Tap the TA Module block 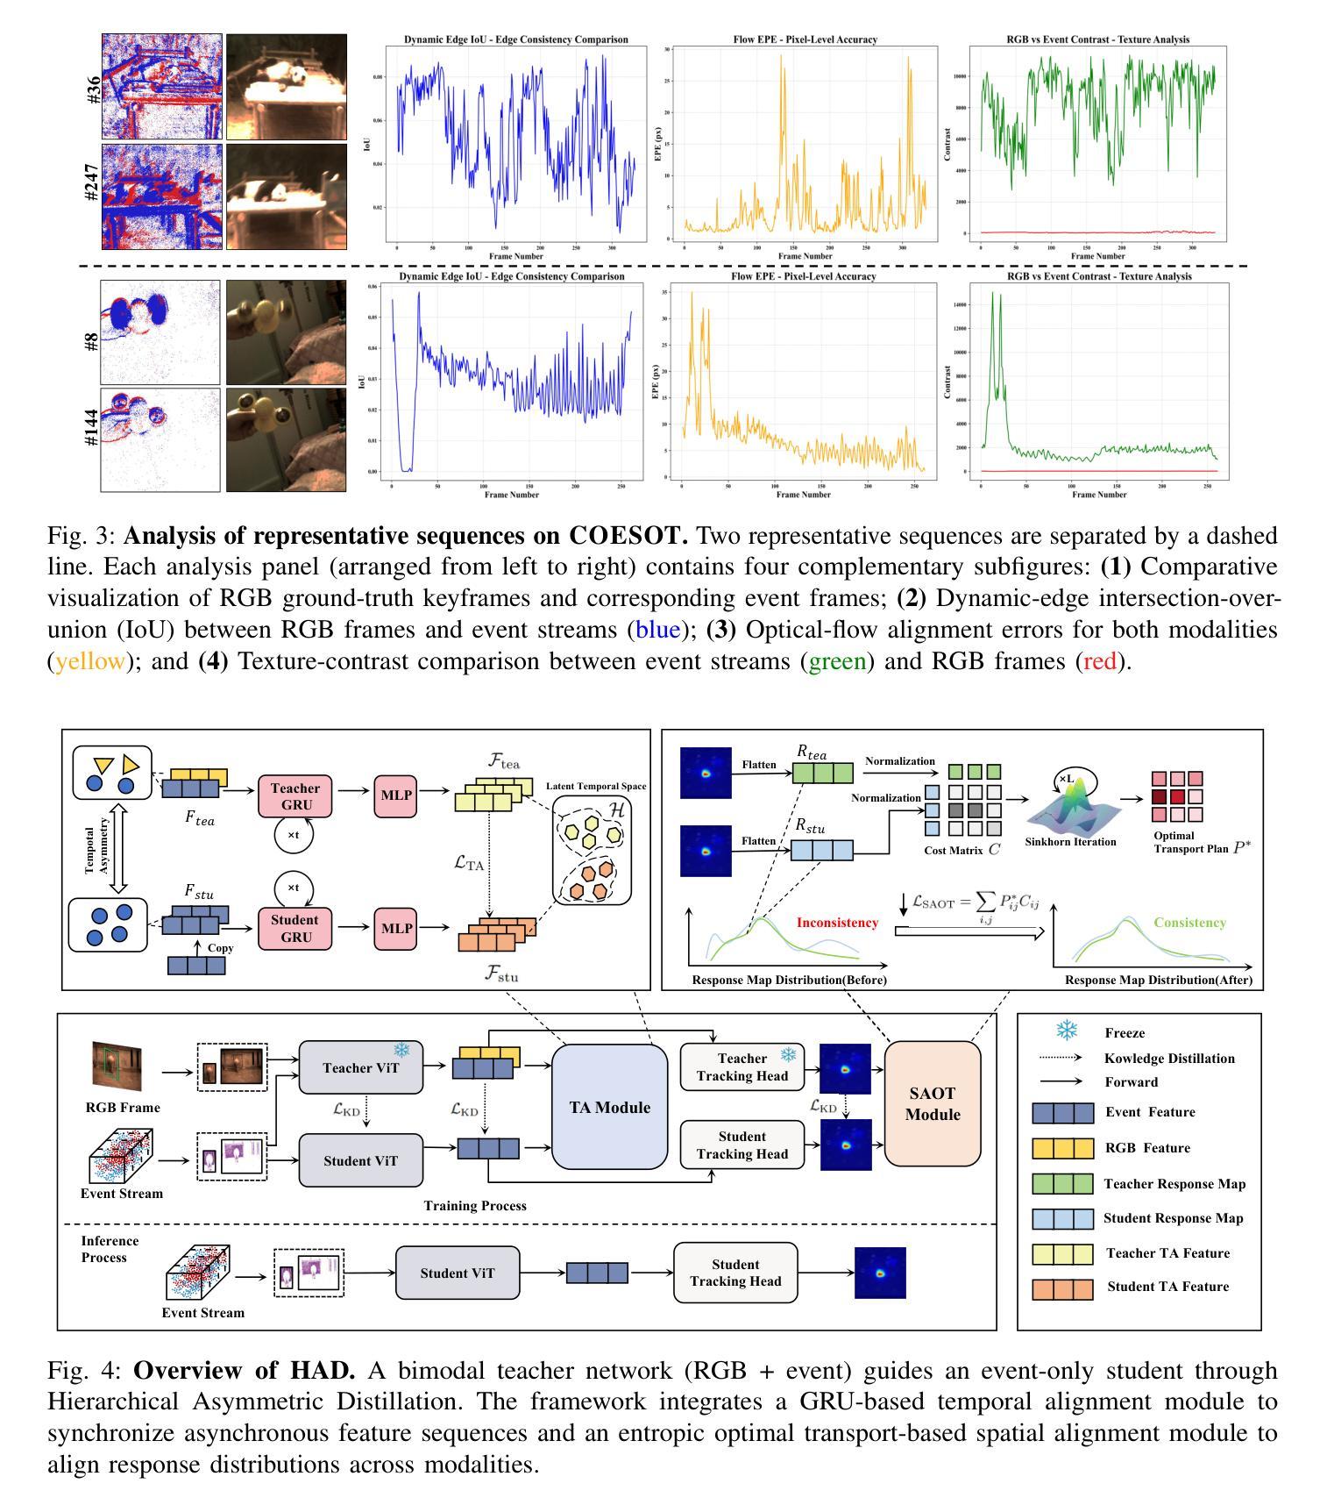(x=610, y=1108)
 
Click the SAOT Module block (x=933, y=1104)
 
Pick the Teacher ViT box (x=360, y=1067)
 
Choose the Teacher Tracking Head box (x=742, y=1067)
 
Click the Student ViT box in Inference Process (x=458, y=1273)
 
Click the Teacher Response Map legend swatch (x=1062, y=1184)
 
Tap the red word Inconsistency (x=837, y=923)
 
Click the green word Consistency (x=1189, y=923)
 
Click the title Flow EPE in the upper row (x=805, y=39)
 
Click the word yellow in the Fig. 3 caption (x=90, y=661)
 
